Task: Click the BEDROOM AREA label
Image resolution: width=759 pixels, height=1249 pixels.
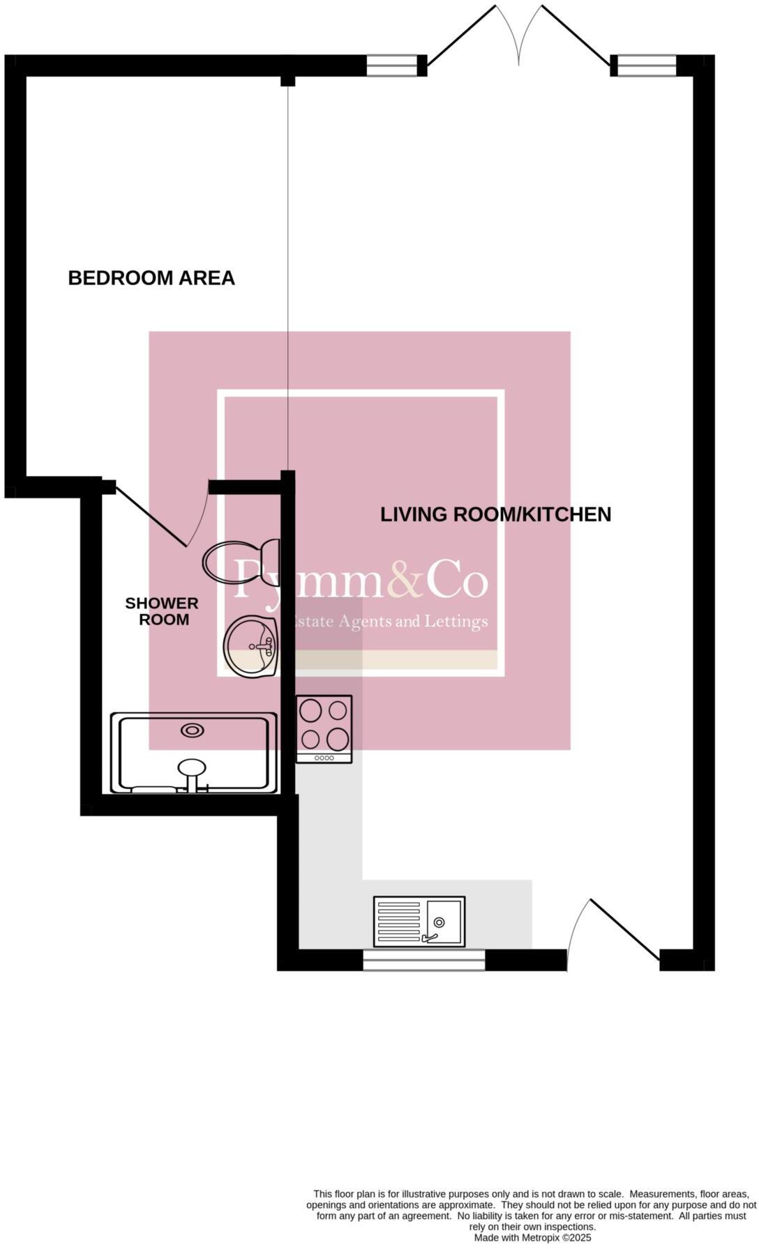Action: point(151,278)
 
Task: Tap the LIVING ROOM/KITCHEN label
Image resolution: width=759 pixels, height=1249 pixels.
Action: point(495,514)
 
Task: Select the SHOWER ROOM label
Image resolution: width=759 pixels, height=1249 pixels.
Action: point(162,611)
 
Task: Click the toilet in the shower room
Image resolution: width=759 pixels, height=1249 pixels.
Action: point(241,561)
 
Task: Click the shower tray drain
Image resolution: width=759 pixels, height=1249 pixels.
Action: point(192,730)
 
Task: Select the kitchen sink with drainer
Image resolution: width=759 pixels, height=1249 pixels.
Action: point(419,921)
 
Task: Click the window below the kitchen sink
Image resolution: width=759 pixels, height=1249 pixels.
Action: point(423,960)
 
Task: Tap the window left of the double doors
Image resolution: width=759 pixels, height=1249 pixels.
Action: point(391,66)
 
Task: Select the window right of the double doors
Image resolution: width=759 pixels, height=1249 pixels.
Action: point(647,66)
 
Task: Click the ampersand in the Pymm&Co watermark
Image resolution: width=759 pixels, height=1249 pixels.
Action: point(405,580)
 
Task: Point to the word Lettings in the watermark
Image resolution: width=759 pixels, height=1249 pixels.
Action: point(460,621)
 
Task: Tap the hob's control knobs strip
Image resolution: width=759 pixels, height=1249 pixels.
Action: point(324,758)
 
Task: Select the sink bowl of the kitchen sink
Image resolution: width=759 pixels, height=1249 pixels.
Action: point(444,921)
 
